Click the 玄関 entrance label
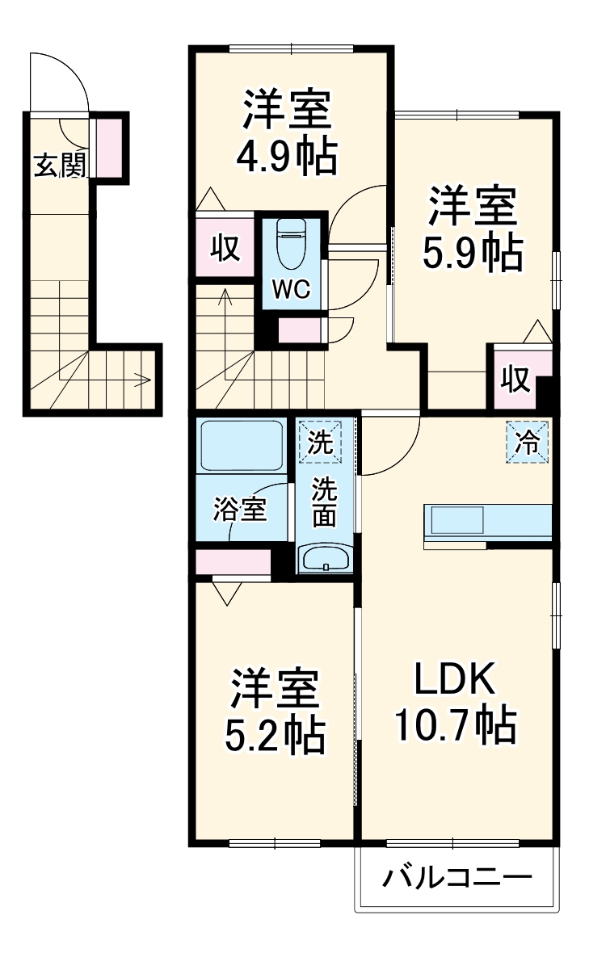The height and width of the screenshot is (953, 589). click(x=60, y=165)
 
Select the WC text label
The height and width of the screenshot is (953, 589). click(x=291, y=289)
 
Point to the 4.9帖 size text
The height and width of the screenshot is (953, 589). click(x=286, y=157)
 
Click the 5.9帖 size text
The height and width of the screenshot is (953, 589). click(x=473, y=252)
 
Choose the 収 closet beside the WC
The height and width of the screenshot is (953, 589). click(x=225, y=247)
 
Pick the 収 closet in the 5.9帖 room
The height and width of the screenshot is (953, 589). click(x=515, y=380)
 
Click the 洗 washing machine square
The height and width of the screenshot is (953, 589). click(x=320, y=442)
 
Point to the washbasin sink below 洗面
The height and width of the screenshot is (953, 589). click(x=325, y=559)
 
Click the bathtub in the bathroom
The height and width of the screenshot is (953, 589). click(x=242, y=446)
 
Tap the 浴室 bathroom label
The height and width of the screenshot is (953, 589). click(x=239, y=510)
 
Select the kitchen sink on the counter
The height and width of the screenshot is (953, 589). click(x=457, y=521)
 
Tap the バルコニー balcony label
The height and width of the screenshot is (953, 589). click(x=456, y=877)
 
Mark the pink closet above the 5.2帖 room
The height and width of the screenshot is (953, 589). click(x=233, y=561)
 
